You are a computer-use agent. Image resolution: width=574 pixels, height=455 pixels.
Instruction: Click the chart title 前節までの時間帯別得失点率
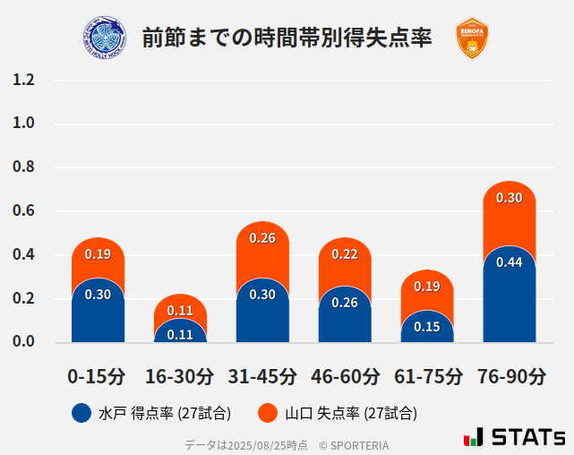click(x=287, y=39)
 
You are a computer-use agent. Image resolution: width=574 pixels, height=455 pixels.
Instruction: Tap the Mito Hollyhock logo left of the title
click(x=105, y=39)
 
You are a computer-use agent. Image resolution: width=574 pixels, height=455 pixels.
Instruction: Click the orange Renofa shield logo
click(x=472, y=39)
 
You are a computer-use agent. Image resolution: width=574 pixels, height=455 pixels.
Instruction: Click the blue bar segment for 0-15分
click(x=98, y=313)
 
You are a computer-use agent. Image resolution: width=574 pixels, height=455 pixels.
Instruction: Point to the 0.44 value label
click(x=509, y=262)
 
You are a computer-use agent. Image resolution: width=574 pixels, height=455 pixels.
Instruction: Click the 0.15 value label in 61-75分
click(x=427, y=327)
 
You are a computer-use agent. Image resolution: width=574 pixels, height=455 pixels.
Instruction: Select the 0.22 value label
click(x=345, y=254)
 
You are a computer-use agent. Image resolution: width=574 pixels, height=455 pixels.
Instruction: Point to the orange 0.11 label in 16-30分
click(x=180, y=311)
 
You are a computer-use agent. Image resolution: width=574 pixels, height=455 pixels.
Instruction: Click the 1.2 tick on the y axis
click(x=24, y=80)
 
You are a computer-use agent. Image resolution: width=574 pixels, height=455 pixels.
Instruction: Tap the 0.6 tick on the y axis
click(x=24, y=211)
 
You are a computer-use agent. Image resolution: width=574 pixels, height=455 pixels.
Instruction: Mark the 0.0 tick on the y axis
click(x=24, y=342)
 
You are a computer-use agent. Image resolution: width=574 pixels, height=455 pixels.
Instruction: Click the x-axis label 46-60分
click(x=345, y=375)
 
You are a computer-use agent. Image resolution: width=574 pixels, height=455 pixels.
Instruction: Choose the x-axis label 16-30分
click(x=180, y=375)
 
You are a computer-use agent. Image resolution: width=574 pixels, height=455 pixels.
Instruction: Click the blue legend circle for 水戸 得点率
click(x=81, y=413)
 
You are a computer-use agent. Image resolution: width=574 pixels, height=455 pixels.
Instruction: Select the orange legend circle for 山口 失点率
click(x=267, y=413)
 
